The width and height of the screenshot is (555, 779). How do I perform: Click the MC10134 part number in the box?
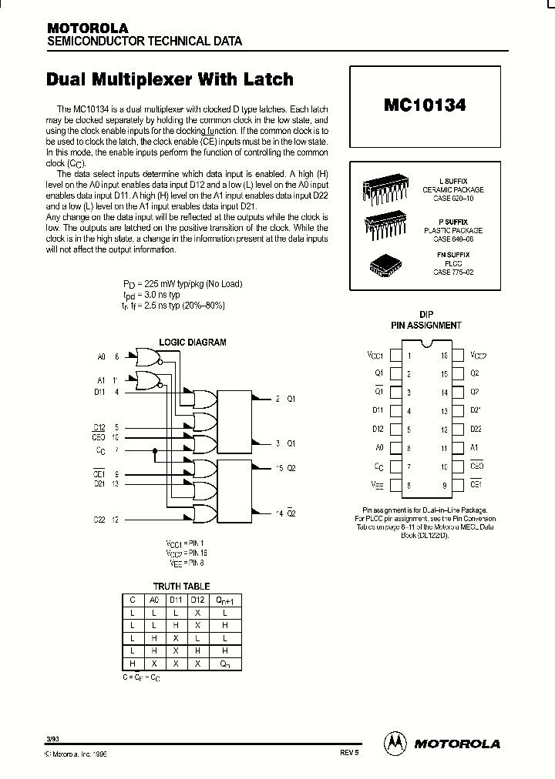point(424,105)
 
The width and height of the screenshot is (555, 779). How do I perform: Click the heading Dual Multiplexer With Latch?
point(170,79)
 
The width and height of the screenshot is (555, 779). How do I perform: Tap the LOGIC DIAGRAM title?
point(193,343)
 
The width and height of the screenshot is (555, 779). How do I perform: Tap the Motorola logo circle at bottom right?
point(395,743)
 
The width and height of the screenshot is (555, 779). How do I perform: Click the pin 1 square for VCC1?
point(395,356)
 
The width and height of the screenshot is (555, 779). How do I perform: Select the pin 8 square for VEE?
point(395,485)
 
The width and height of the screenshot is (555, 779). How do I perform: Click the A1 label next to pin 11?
point(475,448)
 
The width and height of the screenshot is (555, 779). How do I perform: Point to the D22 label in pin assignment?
point(476,430)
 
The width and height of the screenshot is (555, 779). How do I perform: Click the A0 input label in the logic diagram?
point(101,356)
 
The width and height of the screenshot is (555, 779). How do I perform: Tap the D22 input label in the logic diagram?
point(99,520)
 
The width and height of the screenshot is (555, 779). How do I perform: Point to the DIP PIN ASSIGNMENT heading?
point(425,320)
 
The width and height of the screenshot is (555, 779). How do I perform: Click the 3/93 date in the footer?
point(52,739)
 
